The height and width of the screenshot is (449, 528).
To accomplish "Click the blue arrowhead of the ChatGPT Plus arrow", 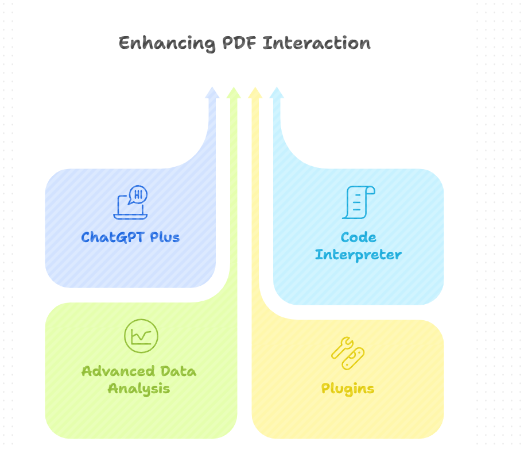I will coord(212,93).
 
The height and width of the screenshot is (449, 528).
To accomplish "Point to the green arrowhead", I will coord(233,93).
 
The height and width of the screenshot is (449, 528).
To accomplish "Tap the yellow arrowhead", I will coord(255,93).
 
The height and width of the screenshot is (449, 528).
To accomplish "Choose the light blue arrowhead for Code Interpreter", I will coord(277,93).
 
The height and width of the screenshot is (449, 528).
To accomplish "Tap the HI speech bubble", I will coord(138,194).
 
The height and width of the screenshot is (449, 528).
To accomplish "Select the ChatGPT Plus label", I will coord(130,237).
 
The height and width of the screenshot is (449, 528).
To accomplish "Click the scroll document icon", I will coord(358,202).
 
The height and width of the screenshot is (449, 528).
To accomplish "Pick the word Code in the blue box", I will coord(358,237).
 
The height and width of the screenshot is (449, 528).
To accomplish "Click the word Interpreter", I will coord(358,255).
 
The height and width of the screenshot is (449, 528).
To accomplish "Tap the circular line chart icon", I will coord(141,336).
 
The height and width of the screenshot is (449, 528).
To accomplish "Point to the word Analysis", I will coord(139,389).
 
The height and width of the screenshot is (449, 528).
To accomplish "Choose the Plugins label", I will coord(348,389).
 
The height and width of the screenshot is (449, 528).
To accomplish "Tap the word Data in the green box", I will coord(178,371).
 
